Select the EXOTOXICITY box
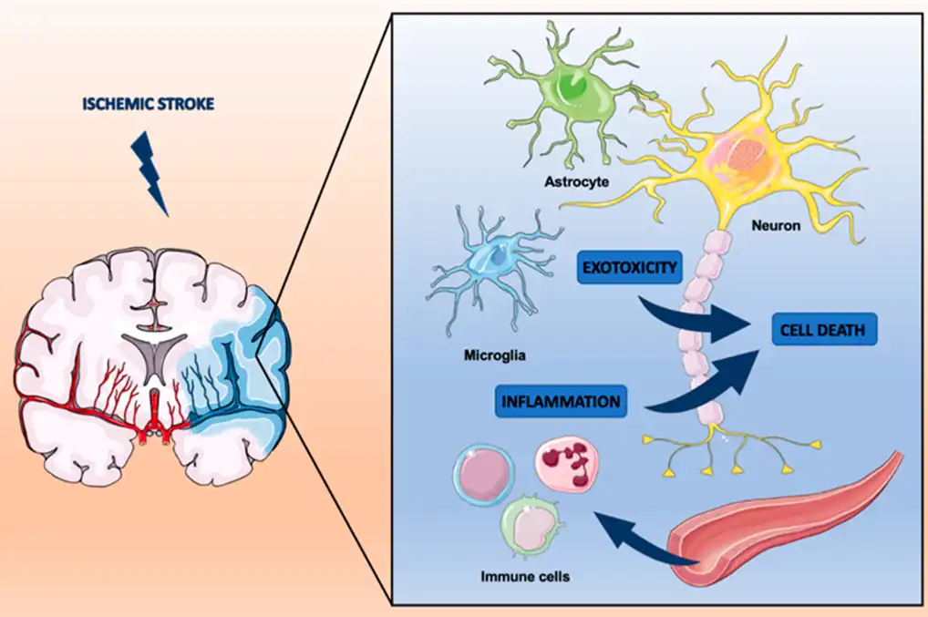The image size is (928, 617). [630, 267]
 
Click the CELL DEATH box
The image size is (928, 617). [824, 330]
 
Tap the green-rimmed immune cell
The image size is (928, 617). [531, 523]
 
